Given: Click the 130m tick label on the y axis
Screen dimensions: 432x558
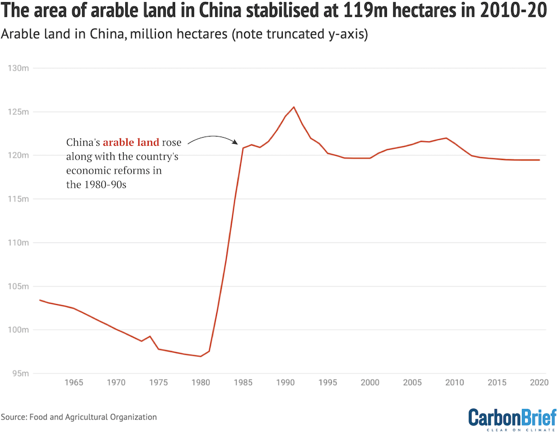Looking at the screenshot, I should (x=17, y=68).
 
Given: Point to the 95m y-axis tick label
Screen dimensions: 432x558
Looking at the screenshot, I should (x=20, y=373).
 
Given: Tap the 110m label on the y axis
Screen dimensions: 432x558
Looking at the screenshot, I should (x=17, y=243).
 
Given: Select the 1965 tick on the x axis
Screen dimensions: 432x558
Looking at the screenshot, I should (x=74, y=383).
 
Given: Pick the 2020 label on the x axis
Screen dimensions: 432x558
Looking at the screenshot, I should (x=539, y=383).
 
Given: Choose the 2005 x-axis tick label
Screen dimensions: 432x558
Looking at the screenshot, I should (x=413, y=383).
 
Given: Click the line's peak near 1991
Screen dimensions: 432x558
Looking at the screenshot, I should (x=294, y=107).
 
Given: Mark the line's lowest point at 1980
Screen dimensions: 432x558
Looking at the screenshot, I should (x=201, y=356).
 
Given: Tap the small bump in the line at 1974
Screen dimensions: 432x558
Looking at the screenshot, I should (x=150, y=336).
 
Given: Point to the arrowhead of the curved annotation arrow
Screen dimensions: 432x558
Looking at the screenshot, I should (x=238, y=144).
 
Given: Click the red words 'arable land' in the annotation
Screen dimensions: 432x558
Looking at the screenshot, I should (x=131, y=143).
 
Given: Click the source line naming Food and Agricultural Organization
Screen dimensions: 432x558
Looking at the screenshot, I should (x=79, y=417).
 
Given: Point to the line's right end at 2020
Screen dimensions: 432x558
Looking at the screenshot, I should (x=539, y=160).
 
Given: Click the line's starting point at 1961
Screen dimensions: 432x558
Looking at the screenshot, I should (x=40, y=300).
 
